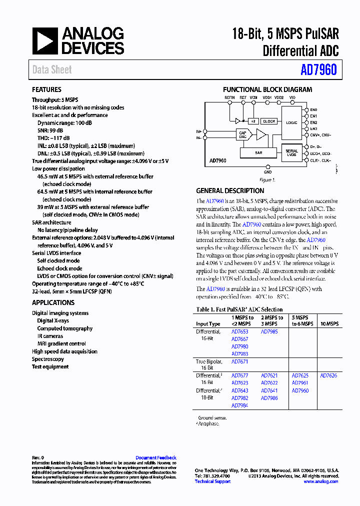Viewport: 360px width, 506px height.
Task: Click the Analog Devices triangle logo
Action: point(45,41)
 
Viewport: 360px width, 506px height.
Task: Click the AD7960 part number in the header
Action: point(318,70)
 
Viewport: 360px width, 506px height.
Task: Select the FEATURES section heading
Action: point(47,90)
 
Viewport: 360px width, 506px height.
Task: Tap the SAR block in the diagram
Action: point(258,152)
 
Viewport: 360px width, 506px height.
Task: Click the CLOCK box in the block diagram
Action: point(269,121)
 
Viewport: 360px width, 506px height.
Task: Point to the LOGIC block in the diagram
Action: point(292,122)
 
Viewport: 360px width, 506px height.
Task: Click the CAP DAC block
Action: point(243,134)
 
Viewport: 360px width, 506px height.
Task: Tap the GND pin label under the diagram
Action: point(268,172)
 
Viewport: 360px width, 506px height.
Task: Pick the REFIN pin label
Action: point(229,97)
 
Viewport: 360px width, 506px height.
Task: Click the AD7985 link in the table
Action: point(269,331)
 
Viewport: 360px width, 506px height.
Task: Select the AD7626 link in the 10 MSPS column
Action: point(328,375)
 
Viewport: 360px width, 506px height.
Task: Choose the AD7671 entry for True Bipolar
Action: point(239,361)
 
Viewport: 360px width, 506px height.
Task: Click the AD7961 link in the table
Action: point(300,383)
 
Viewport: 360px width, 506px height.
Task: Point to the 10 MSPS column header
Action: point(329,324)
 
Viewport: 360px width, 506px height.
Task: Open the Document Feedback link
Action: point(156,457)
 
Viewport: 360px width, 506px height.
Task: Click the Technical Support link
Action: point(212,481)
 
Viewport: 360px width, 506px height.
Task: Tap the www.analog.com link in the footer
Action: point(320,481)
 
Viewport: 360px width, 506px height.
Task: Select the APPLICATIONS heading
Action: point(53,302)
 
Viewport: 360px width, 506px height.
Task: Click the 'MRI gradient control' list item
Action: point(61,344)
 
